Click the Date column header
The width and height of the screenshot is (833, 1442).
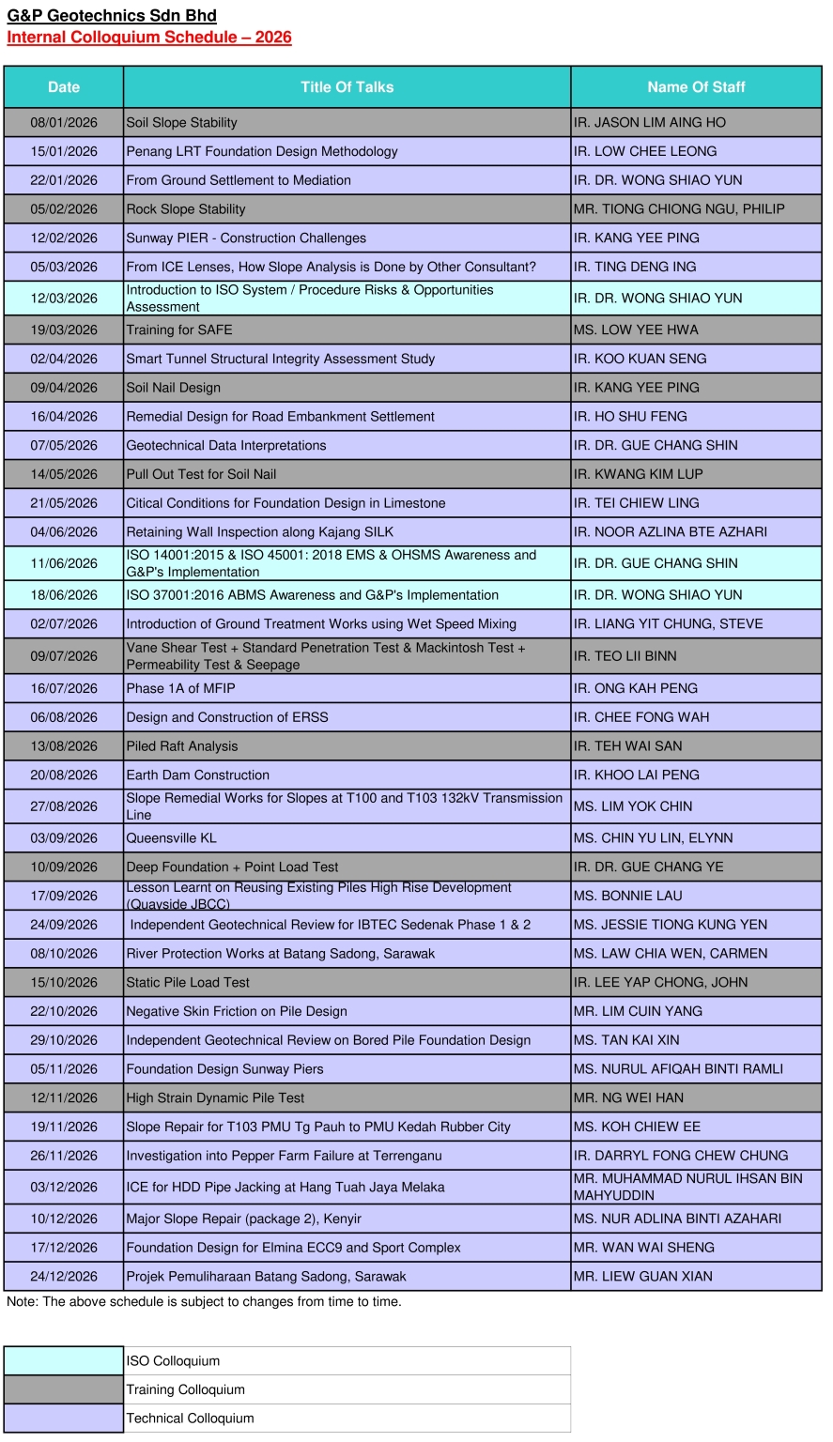tap(64, 87)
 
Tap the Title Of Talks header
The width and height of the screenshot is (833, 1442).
tap(347, 87)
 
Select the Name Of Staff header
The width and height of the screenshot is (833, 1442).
tap(696, 87)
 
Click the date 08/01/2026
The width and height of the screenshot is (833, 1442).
tap(64, 123)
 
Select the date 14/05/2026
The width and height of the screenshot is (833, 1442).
tap(64, 475)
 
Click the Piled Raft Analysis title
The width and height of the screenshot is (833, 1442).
tap(182, 746)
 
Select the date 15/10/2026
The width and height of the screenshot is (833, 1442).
tap(64, 983)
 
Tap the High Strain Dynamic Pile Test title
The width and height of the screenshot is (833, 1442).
tap(216, 1098)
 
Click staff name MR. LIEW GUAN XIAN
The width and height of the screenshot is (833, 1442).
tap(643, 1277)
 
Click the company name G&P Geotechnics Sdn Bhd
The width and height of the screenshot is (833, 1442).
tap(112, 16)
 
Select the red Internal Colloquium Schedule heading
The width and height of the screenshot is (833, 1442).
tap(149, 38)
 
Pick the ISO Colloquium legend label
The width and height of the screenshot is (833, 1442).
tap(174, 1361)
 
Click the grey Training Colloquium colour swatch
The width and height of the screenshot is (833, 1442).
tap(64, 1390)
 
